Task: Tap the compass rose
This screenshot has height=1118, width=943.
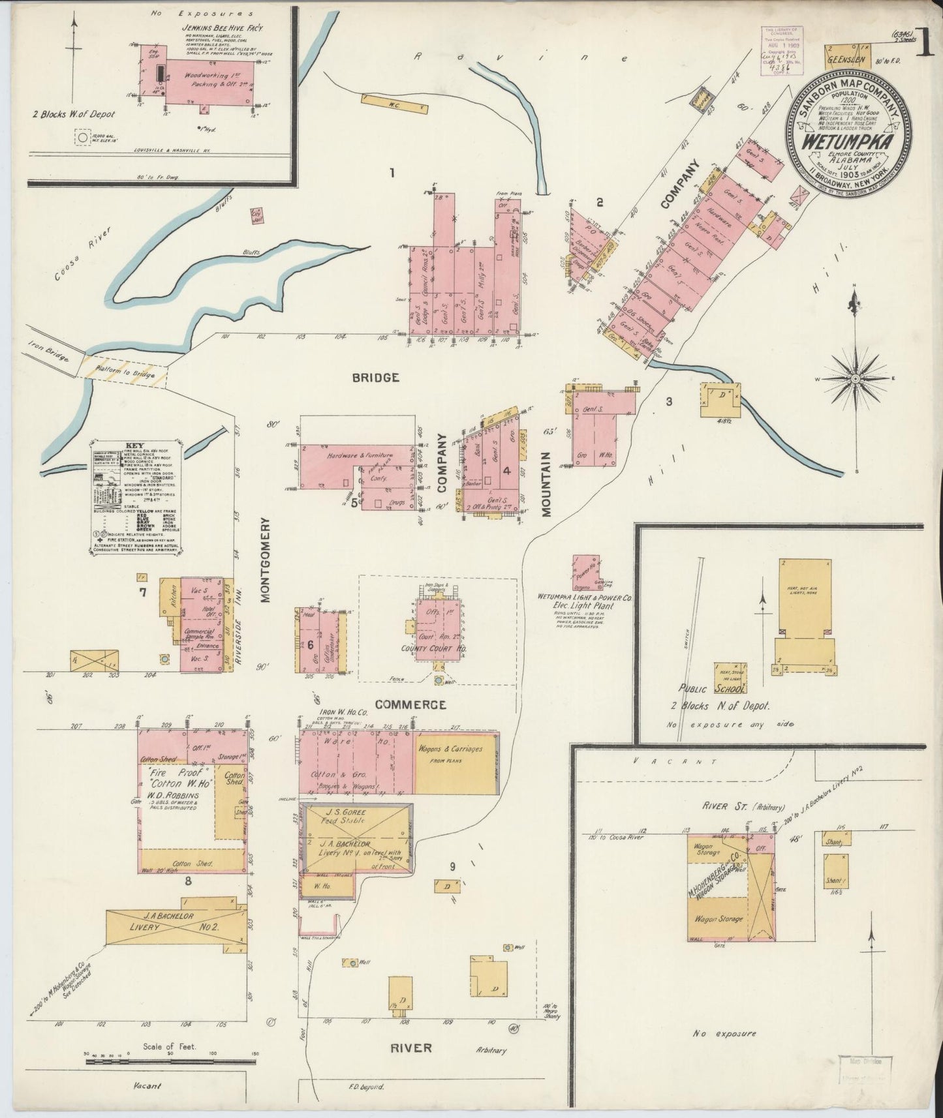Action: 856,378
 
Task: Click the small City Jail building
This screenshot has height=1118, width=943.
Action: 258,216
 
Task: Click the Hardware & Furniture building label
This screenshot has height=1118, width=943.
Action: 360,455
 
